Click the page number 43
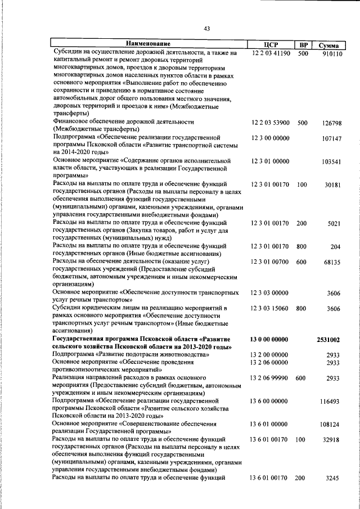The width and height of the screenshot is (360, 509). pyautogui.click(x=206, y=29)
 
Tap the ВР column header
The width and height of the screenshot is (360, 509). pyautogui.click(x=303, y=44)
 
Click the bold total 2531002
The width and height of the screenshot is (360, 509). pyautogui.click(x=327, y=340)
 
